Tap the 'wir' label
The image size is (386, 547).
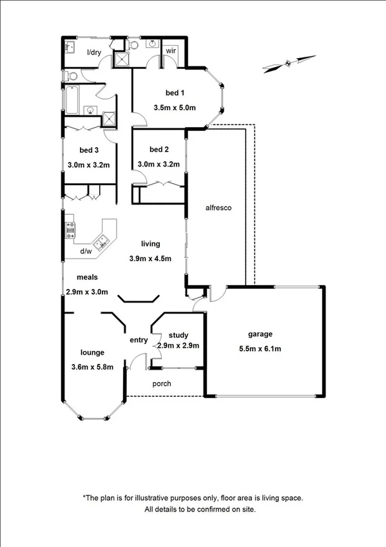pos(171,50)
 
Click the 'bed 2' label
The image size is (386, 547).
pos(159,150)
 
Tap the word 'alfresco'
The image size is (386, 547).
pos(218,208)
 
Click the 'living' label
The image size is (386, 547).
pos(151,244)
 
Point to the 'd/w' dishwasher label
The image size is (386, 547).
pos(86,251)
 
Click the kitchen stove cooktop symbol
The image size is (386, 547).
pos(70,230)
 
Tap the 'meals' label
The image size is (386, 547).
pos(87,277)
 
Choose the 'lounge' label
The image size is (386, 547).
pos(93,352)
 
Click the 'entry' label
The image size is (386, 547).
pos(139,340)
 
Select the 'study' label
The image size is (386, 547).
pos(179,335)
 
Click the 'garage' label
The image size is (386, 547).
pos(260,334)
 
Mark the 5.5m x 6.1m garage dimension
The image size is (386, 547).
pos(260,349)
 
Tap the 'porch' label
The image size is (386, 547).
pos(162,384)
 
